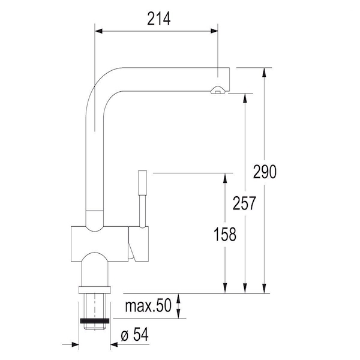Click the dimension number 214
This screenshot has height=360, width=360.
[159, 19]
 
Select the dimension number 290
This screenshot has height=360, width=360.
[265, 172]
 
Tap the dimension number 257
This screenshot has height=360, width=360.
[244, 203]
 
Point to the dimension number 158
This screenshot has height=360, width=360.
[225, 234]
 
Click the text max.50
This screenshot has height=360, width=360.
[148, 305]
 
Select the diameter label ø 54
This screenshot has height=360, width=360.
[135, 334]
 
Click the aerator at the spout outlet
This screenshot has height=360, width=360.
[218, 90]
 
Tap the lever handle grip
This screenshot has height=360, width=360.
[142, 183]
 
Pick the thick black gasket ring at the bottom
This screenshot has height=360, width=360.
[95, 321]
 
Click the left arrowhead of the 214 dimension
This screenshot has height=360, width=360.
[98, 31]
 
